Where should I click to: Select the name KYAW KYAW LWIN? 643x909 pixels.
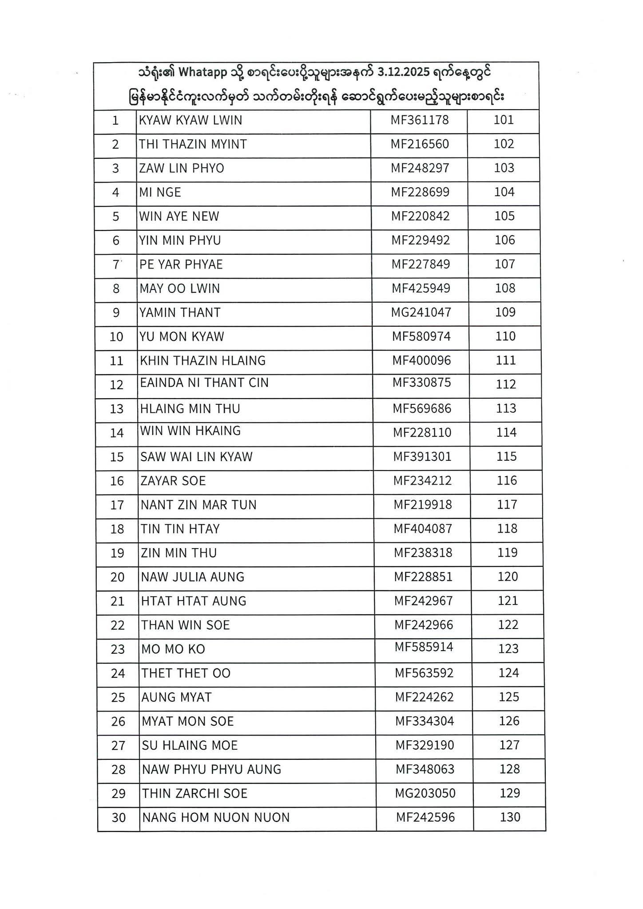pos(191,120)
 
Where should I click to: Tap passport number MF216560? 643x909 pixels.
pos(420,144)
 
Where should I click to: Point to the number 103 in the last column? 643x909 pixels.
pos(504,168)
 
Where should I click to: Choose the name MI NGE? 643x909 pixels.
pos(160,192)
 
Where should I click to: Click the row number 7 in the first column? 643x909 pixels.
pos(116,265)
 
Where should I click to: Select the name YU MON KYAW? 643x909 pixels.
pos(182,337)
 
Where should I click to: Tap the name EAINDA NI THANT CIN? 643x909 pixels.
pos(204,383)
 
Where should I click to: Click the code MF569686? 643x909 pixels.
pos(422,409)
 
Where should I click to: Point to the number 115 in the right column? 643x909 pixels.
pos(507,457)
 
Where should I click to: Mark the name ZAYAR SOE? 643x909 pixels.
pos(173,481)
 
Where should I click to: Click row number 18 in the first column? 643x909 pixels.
pos(117,529)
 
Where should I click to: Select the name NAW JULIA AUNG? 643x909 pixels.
pos(193,577)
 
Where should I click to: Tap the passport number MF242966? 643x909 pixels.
pos(424,625)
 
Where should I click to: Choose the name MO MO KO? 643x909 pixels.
pos(173,649)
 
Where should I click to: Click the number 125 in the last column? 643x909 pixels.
pos(509,697)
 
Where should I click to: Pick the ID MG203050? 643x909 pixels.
pos(425,793)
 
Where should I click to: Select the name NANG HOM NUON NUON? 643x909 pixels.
pos(215,818)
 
